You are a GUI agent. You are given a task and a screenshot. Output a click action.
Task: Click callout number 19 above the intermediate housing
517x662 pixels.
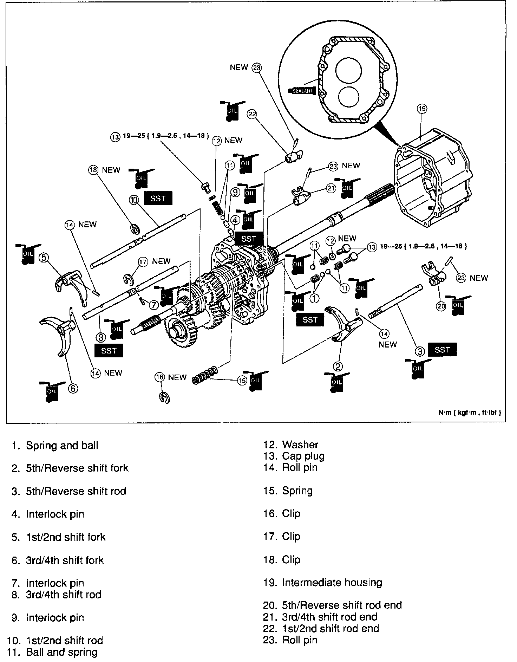[x=422, y=109]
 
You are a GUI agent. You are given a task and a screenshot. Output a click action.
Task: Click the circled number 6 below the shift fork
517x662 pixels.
[x=72, y=388]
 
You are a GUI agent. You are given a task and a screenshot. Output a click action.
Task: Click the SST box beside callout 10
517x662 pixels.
[x=158, y=198]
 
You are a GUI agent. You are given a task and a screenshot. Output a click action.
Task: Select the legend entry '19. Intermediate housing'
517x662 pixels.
[x=323, y=582]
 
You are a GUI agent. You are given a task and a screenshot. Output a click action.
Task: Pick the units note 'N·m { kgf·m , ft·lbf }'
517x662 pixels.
[x=470, y=412]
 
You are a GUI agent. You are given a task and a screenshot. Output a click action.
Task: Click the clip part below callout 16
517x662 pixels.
[x=164, y=398]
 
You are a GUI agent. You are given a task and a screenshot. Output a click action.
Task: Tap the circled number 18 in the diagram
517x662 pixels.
[x=93, y=170]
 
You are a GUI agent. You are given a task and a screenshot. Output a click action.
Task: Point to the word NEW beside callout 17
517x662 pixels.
[x=161, y=261]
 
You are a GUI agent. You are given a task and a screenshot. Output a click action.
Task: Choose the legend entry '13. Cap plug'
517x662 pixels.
[x=294, y=456]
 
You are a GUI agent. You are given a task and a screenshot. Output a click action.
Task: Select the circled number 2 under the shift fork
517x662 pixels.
[x=337, y=366]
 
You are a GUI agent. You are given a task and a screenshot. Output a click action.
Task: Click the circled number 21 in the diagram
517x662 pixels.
[x=331, y=188]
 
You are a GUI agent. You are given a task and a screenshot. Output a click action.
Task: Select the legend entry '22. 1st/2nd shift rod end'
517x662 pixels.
[x=321, y=628]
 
